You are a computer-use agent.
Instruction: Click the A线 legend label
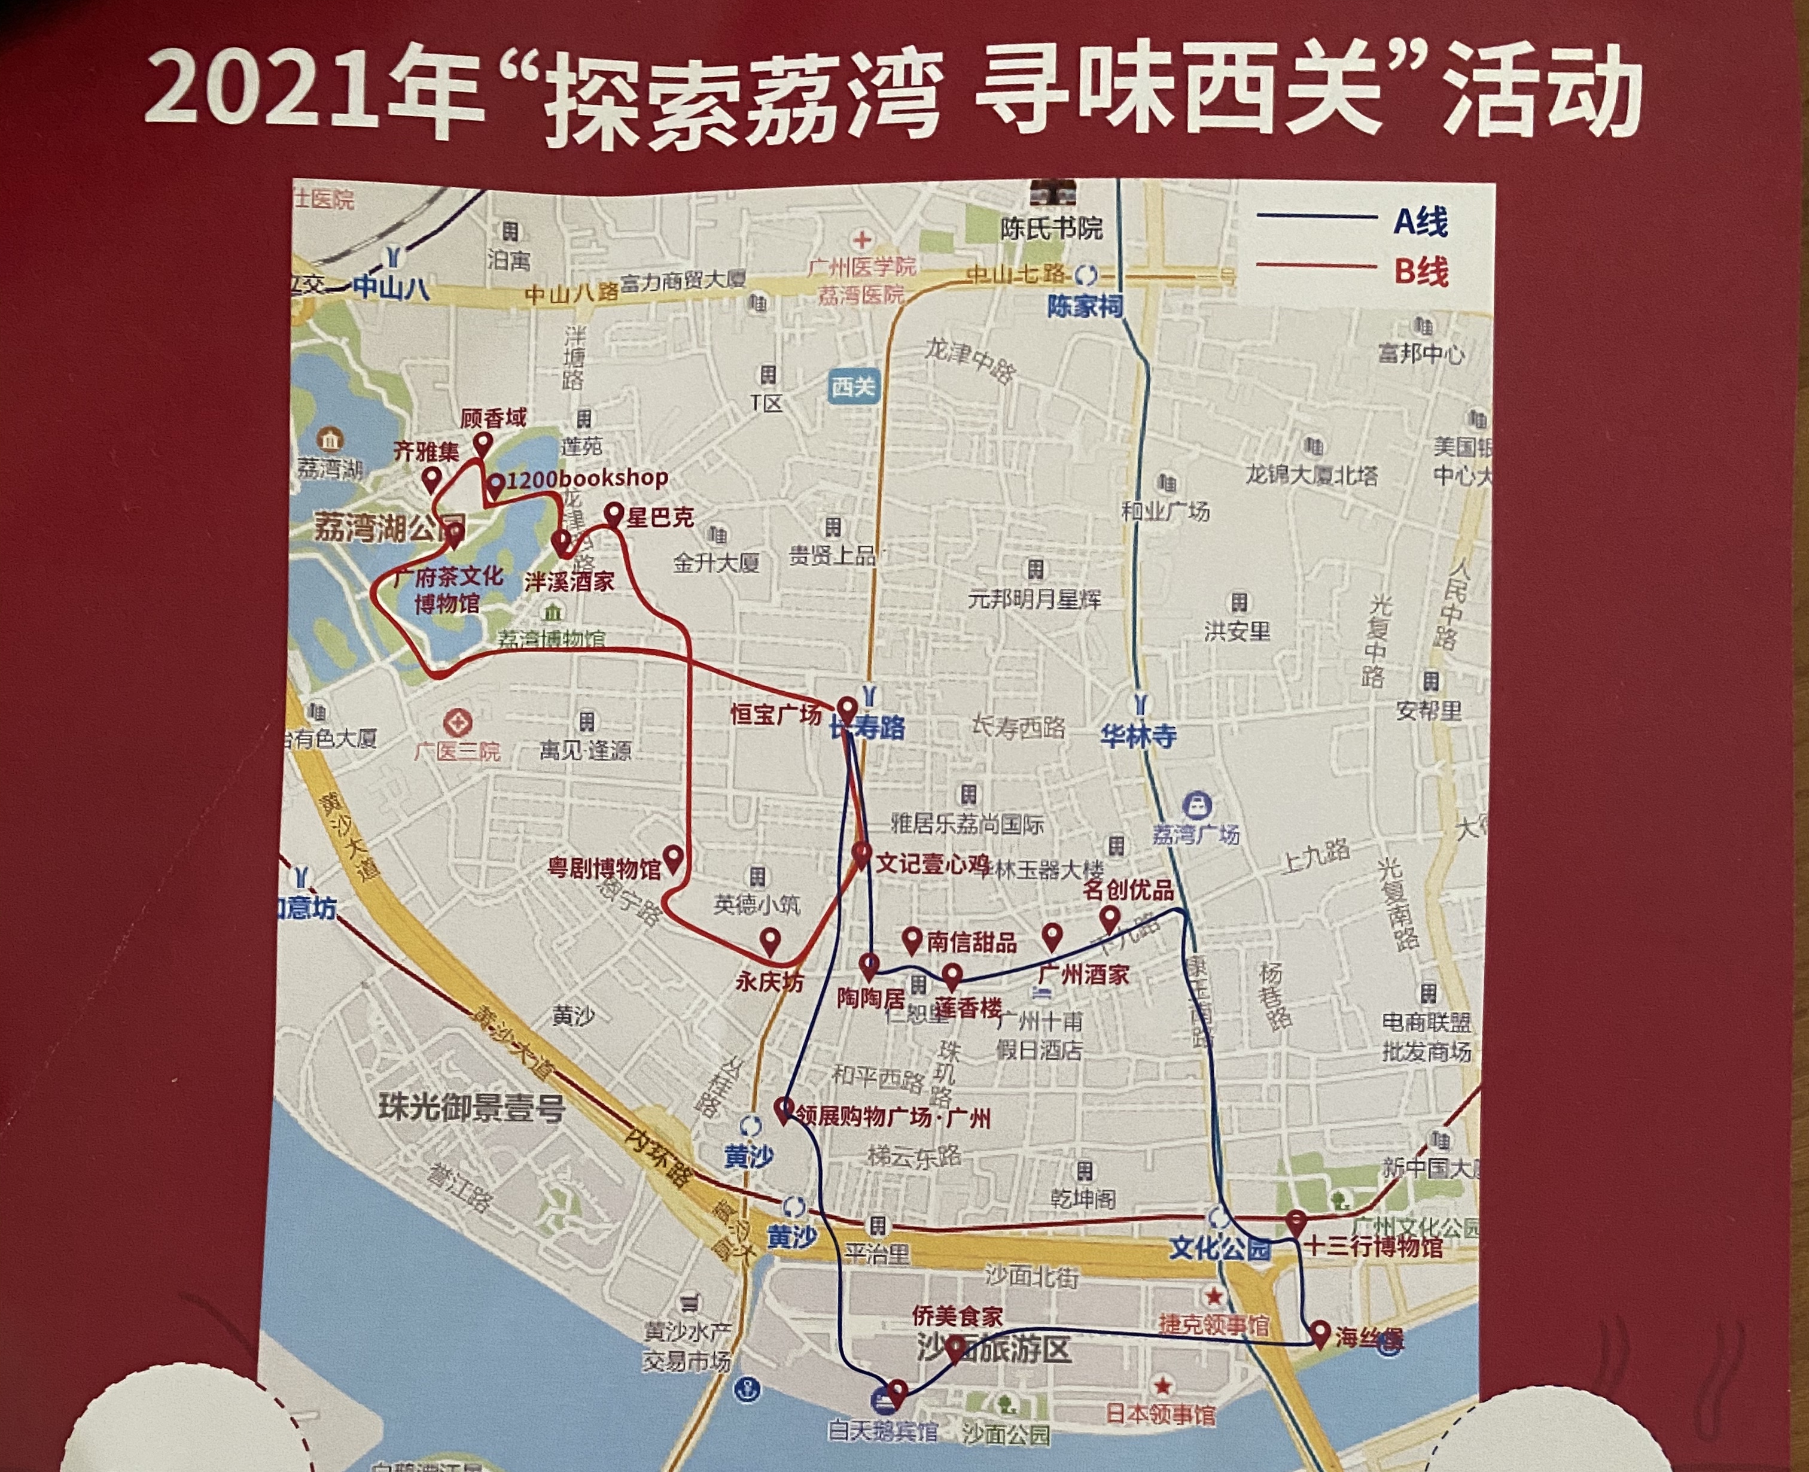[1421, 222]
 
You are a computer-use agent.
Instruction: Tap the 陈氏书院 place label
[1051, 228]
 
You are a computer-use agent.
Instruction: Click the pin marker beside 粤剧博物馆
[674, 858]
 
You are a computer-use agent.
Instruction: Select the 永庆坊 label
[769, 982]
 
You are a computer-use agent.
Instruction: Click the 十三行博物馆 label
[1374, 1246]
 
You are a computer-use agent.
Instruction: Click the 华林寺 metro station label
[1138, 736]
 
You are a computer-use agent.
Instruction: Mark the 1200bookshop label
[587, 478]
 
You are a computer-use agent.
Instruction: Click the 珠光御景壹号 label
[471, 1108]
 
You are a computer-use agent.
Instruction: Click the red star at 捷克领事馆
[1215, 1295]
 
